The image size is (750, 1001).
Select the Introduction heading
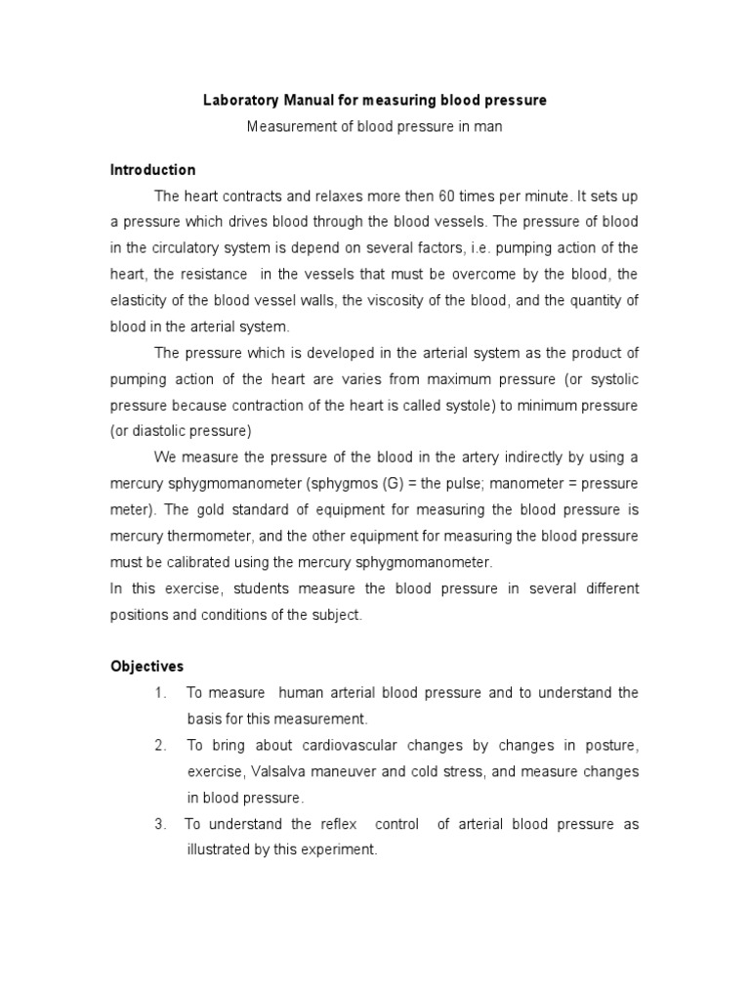152,170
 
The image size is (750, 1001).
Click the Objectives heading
146,667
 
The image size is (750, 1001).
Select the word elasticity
138,301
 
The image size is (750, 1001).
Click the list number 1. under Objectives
160,693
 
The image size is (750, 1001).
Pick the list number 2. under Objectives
160,745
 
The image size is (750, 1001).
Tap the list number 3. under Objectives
160,824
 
